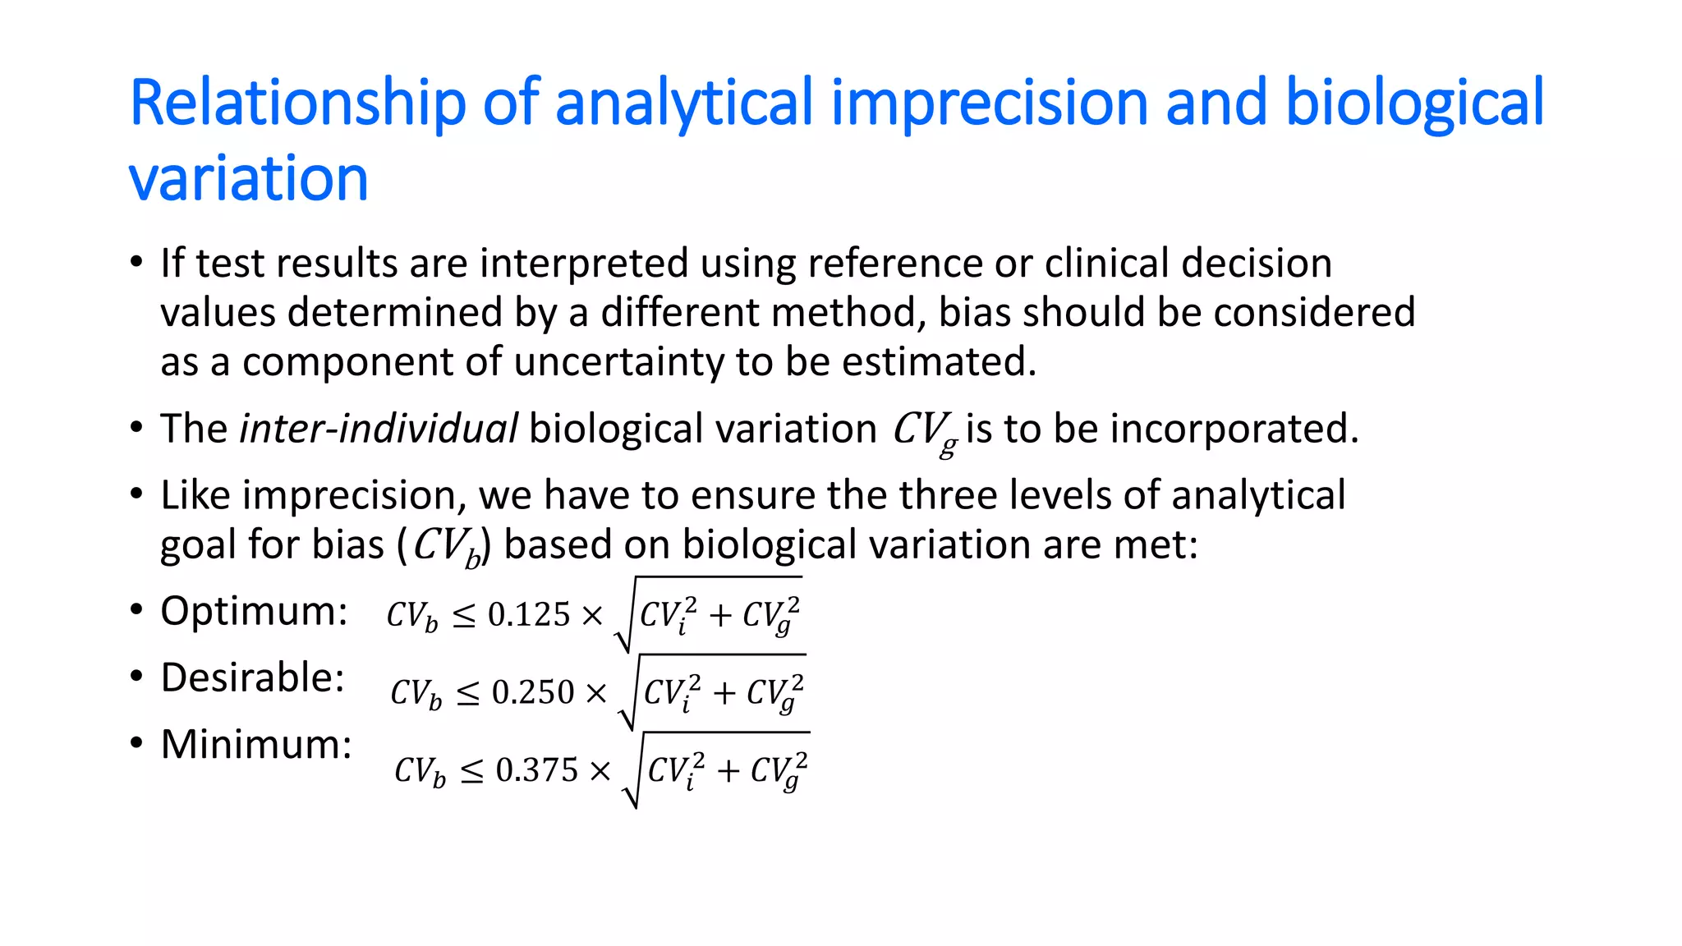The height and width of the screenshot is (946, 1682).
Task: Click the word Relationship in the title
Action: coord(297,103)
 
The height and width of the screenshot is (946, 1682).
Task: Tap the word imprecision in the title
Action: coord(988,103)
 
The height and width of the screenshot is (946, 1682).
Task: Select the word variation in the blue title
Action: coord(248,178)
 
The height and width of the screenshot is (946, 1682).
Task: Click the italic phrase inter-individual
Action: coord(378,429)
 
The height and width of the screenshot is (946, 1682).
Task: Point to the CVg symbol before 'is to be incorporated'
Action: coord(924,431)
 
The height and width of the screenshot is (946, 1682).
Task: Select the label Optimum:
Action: coord(254,611)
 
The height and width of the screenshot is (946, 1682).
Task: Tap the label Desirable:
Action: coord(252,677)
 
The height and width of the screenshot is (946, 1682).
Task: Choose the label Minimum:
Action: coord(256,744)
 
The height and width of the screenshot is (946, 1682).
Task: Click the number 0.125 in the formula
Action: coord(528,615)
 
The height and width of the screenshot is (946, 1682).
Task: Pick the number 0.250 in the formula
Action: coord(532,693)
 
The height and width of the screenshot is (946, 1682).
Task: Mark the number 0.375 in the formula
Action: coord(536,770)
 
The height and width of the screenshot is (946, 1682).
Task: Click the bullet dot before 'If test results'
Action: coord(136,264)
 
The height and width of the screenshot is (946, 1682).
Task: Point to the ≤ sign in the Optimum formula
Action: coord(463,617)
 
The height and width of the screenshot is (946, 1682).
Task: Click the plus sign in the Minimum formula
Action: coord(727,771)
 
